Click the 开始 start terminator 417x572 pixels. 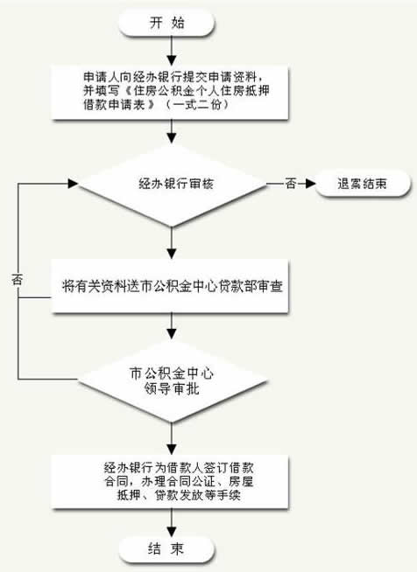pos(166,23)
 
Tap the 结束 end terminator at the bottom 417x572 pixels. pos(166,549)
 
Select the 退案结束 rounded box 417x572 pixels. pos(362,184)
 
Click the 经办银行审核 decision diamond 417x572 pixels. pos(172,184)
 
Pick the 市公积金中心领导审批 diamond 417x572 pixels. pos(172,380)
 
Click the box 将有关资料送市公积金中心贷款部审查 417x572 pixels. pos(170,286)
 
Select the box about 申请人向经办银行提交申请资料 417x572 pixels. pos(170,93)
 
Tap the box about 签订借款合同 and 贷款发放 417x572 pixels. pos(170,482)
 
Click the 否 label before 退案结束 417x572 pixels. pos(291,184)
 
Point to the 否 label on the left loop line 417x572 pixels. pos(18,280)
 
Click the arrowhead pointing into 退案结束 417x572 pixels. pos(311,184)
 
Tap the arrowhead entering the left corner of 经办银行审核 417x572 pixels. pos(73,184)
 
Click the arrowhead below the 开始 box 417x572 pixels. pos(172,60)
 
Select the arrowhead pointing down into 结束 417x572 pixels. pos(172,532)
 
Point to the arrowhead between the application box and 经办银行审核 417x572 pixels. pos(172,137)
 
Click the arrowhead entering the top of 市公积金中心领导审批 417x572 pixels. pos(172,334)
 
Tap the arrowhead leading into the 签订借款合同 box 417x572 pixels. pos(172,450)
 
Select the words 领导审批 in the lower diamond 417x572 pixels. pos(172,389)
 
